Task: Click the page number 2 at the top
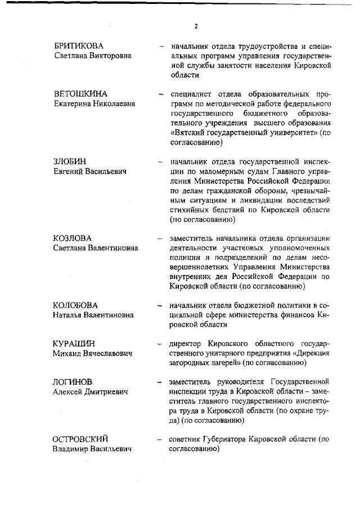pos(196,26)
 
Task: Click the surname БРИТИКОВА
pos(79,45)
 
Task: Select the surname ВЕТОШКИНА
pos(80,93)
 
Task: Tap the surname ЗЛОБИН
pos(70,161)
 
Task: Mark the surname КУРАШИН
pos(74,343)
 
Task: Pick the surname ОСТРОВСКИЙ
pos(80,439)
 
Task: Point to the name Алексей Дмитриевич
pos(90,392)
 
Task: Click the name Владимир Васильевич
pos(92,449)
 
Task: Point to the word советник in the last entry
pos(186,439)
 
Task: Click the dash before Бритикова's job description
pos(161,45)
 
